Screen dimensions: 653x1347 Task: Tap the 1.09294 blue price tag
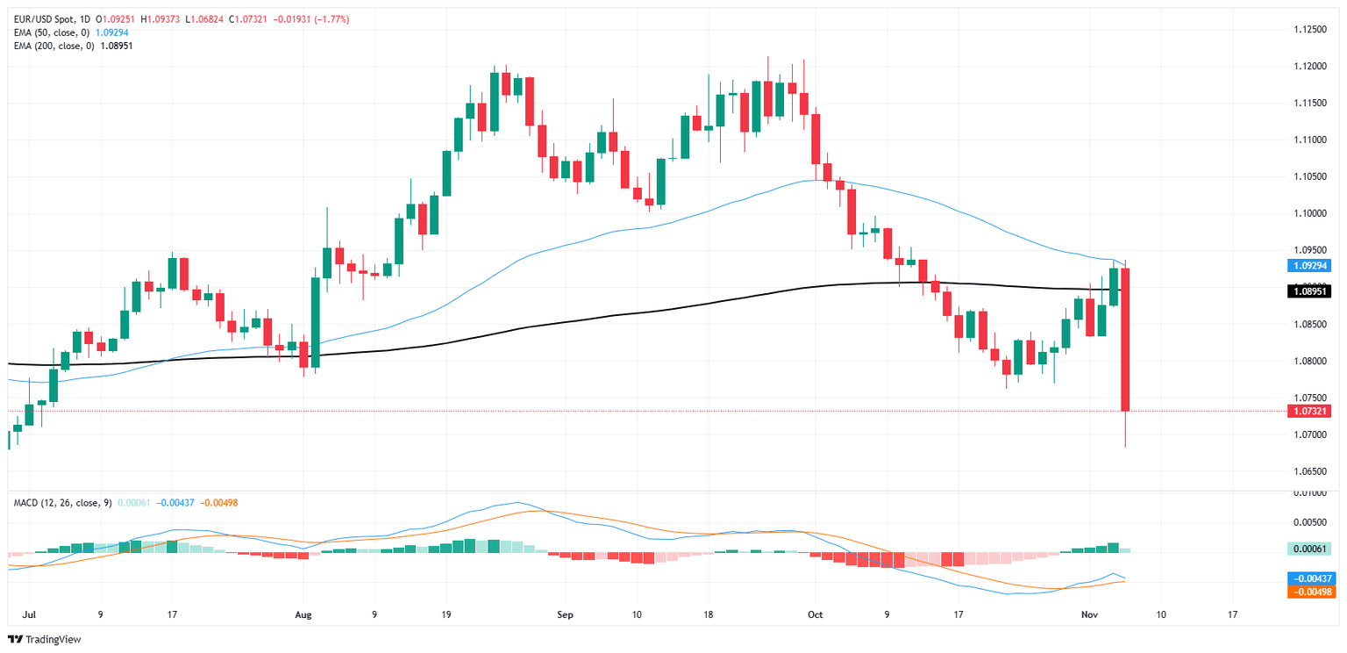[1308, 265]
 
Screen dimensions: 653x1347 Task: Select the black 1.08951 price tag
[1308, 291]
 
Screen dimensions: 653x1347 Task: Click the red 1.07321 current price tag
[1308, 411]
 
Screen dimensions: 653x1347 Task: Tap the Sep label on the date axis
[565, 614]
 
